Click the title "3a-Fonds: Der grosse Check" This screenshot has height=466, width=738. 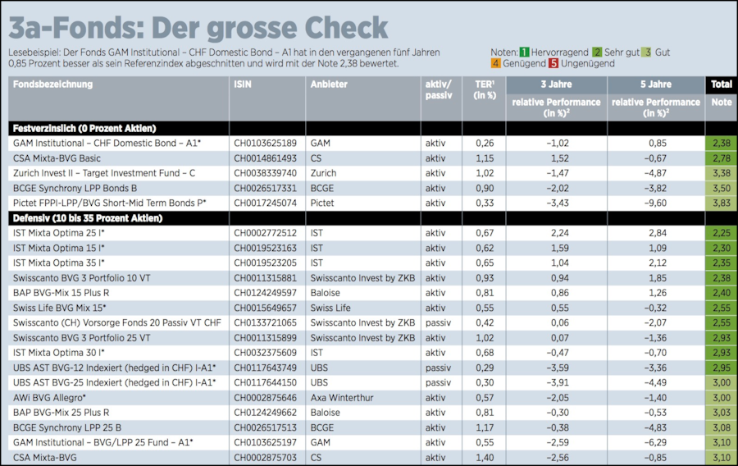coord(198,26)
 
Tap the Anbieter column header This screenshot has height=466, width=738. coord(329,84)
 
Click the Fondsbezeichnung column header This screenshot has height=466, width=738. coord(53,84)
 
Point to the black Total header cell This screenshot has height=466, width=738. coord(721,84)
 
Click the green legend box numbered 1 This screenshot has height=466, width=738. coord(524,52)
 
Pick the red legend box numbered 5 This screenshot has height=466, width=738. coord(553,63)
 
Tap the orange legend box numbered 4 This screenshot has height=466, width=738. coord(496,63)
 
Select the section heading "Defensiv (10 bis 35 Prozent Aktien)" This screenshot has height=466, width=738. coord(88,217)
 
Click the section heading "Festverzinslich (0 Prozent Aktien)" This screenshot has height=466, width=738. coord(84,128)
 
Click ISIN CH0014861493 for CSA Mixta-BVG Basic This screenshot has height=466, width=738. coord(266,158)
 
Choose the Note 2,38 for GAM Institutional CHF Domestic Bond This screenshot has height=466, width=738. coord(721,143)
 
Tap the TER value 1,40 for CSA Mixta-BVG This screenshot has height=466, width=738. coord(485,457)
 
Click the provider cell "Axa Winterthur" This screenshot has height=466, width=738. coord(341,397)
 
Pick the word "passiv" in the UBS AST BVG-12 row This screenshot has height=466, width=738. coord(438,368)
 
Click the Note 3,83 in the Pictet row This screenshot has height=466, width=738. coord(721,203)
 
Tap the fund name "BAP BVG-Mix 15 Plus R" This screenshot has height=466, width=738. coord(61,292)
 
